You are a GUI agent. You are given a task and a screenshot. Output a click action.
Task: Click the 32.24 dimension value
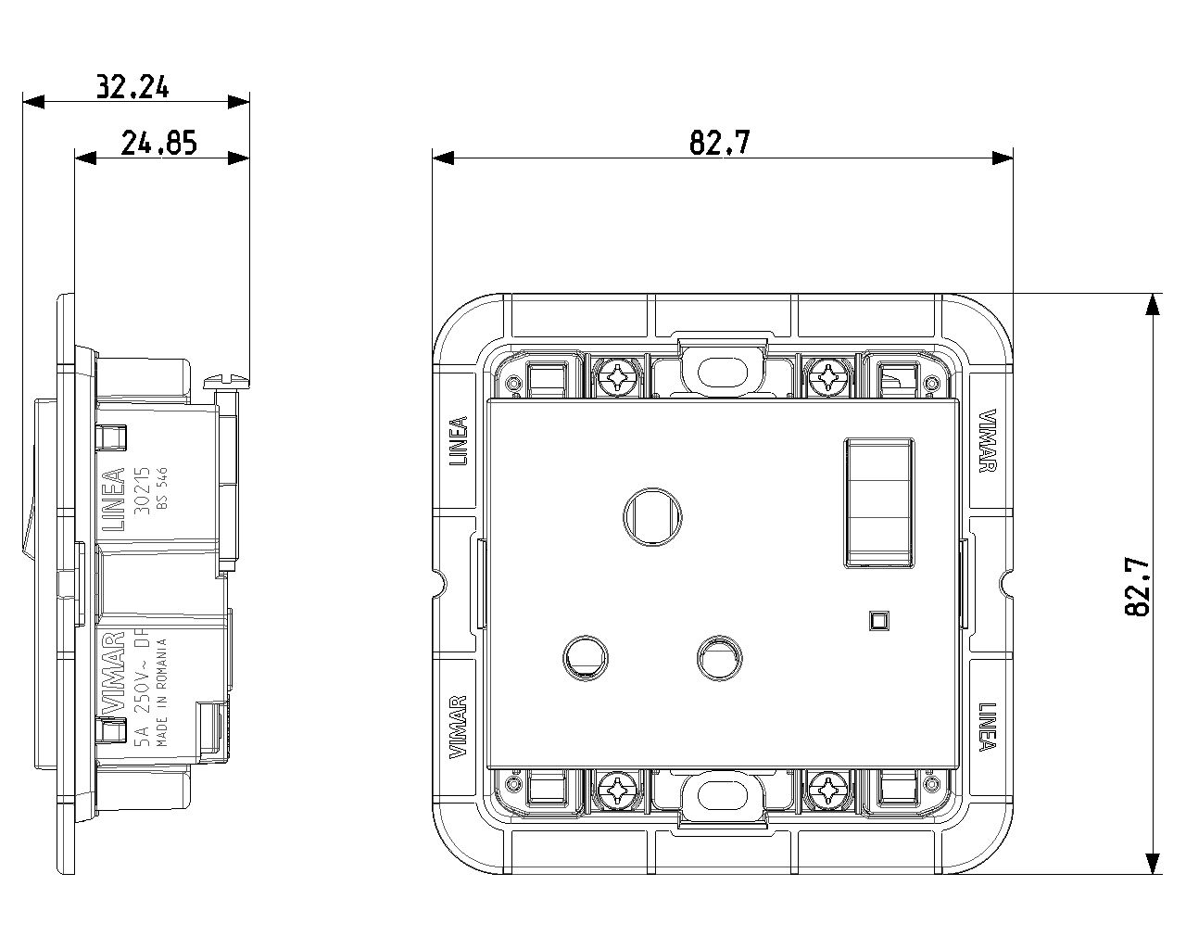tap(132, 86)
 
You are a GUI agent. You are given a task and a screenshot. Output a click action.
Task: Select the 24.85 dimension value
tap(158, 143)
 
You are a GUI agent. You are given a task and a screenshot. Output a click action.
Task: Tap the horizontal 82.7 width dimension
tap(720, 143)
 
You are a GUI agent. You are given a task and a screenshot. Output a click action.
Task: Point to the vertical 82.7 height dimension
tap(1137, 587)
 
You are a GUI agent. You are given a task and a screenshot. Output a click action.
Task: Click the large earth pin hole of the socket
tap(652, 517)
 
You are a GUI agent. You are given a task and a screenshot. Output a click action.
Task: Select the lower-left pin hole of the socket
tap(586, 658)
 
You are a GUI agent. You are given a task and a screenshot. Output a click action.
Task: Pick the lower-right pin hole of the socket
tap(719, 658)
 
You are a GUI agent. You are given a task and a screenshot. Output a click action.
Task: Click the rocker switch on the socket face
tap(879, 503)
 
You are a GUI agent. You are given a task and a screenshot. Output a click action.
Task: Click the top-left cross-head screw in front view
tap(618, 378)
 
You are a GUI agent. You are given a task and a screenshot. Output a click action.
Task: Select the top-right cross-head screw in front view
tap(827, 378)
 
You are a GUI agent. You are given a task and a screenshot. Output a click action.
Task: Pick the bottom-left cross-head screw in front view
tap(618, 791)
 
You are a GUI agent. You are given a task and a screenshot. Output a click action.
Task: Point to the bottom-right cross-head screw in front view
tap(827, 791)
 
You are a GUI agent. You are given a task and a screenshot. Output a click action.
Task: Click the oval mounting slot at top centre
tap(722, 373)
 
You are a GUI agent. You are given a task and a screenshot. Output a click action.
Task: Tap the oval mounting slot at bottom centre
tap(722, 795)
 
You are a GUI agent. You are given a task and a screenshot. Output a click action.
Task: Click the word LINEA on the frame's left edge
tap(459, 440)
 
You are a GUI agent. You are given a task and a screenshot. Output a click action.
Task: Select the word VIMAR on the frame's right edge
tap(987, 440)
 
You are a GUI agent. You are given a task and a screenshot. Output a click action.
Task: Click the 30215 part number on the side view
tap(142, 490)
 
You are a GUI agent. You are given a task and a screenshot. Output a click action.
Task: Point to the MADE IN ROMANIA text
tap(161, 692)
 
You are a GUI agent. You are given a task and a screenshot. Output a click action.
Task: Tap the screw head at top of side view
tap(226, 381)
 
